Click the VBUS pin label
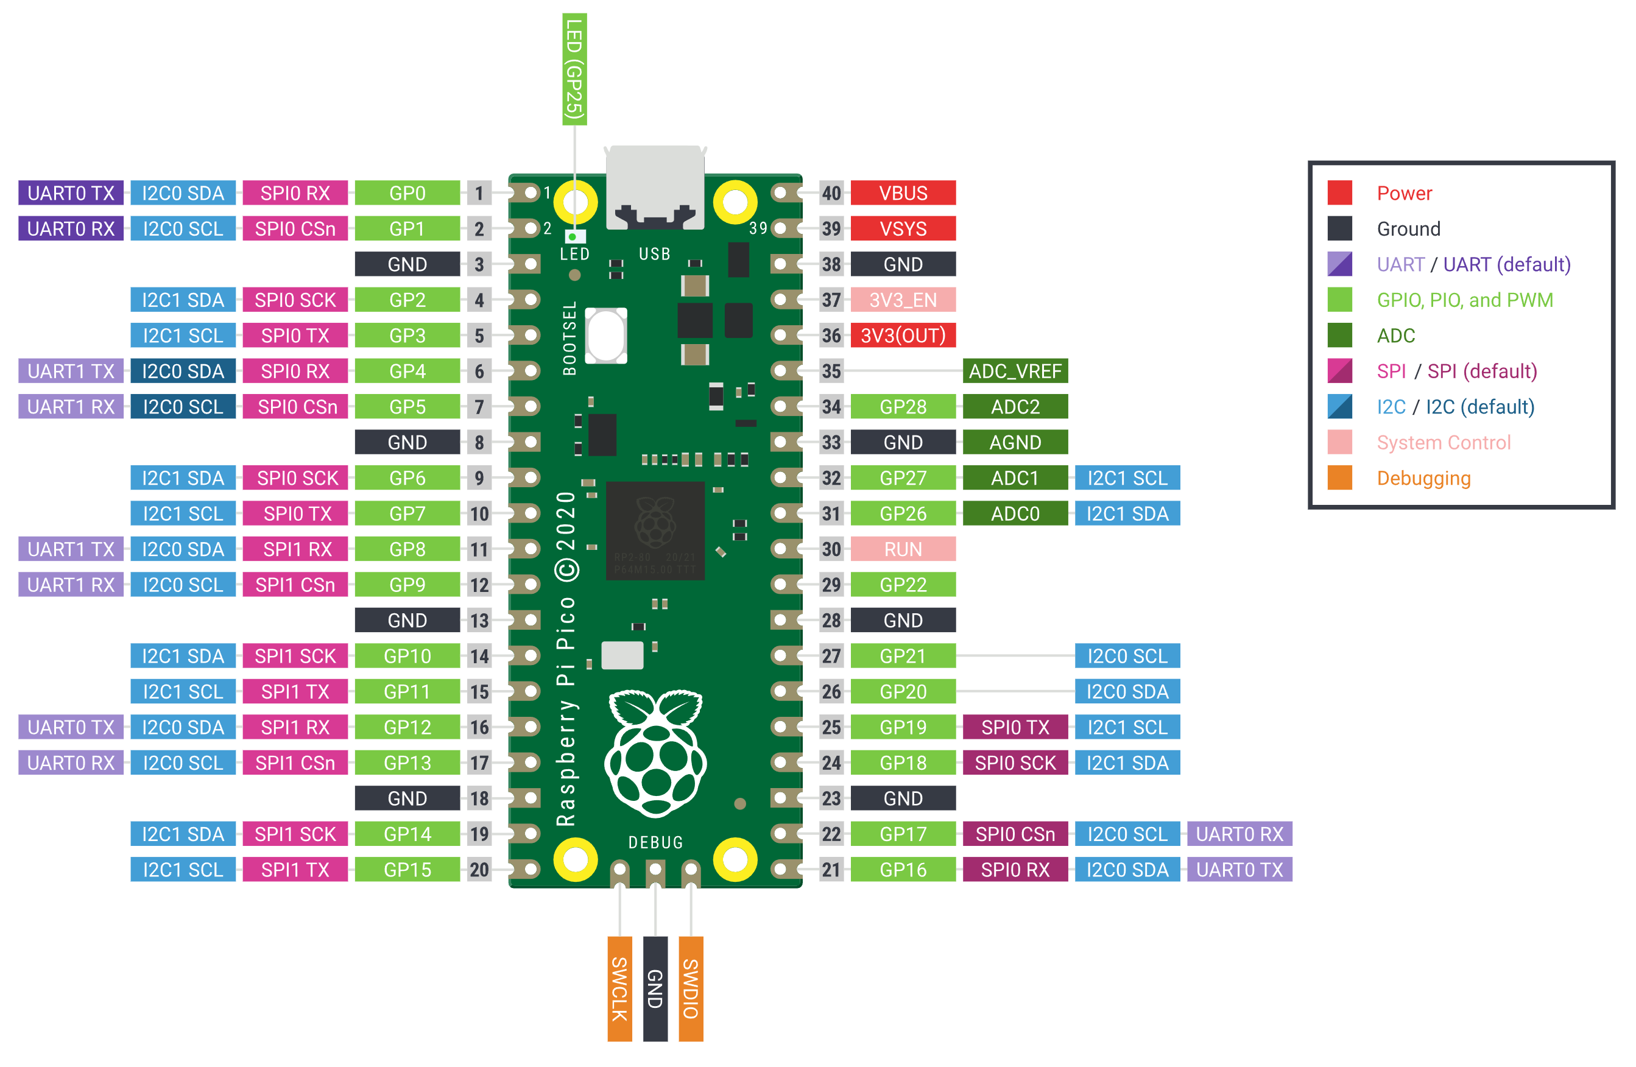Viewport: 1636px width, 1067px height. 903,193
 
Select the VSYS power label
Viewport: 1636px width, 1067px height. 903,229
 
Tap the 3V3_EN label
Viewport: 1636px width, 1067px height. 903,300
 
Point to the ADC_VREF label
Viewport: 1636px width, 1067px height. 1015,372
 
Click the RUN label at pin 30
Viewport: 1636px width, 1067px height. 903,549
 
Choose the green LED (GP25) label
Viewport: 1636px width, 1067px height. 574,69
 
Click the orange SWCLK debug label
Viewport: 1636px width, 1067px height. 619,988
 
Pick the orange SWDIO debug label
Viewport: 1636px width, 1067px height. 691,988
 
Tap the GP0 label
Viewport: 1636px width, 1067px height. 407,193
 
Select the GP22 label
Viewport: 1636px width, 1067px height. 903,585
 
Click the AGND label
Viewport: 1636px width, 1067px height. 1015,443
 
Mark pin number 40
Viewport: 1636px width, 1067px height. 831,193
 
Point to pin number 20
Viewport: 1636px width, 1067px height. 479,870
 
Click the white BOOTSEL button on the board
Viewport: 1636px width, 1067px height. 605,336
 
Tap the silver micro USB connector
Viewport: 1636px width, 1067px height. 655,187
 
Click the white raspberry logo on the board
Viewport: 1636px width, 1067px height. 655,753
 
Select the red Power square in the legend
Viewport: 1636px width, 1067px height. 1340,193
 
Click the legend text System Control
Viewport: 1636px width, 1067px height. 1444,443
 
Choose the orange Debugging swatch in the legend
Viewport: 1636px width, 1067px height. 1340,478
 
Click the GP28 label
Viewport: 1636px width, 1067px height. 903,407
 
